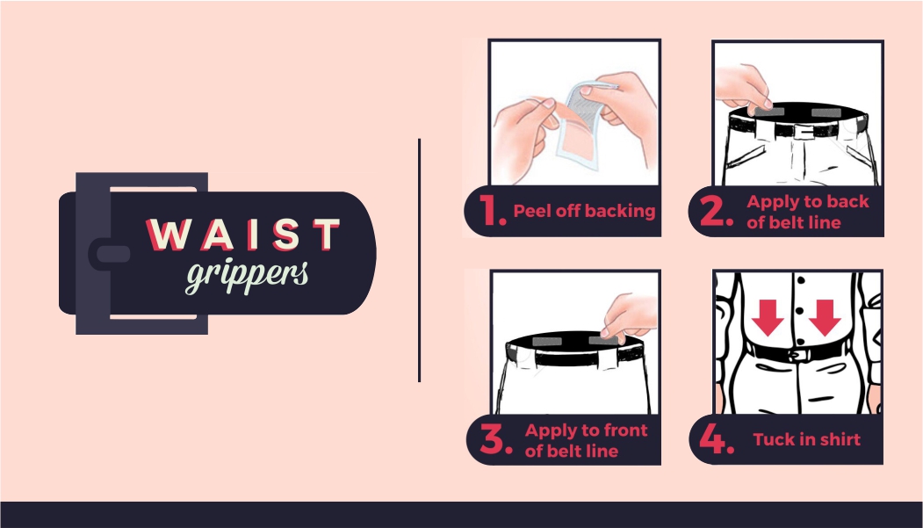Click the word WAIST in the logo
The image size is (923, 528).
click(x=243, y=235)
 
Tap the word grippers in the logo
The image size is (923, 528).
click(x=248, y=276)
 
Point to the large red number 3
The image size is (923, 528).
click(x=494, y=439)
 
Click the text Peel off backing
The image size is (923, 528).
click(x=584, y=211)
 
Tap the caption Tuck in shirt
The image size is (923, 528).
click(x=806, y=439)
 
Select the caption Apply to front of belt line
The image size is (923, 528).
click(x=586, y=440)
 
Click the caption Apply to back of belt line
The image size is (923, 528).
click(x=808, y=212)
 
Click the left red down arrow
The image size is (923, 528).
click(x=768, y=317)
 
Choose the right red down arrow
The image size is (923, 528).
click(x=825, y=317)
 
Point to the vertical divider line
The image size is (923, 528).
click(x=419, y=260)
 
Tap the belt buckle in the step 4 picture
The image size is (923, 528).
click(x=797, y=356)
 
